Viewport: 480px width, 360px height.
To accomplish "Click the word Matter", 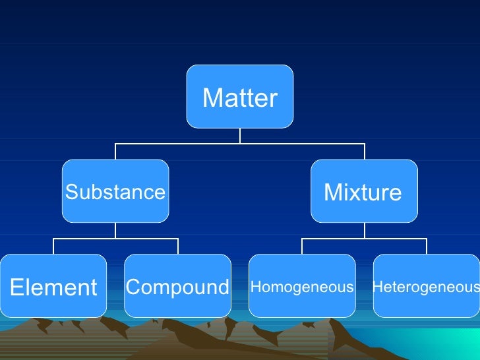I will [x=240, y=98].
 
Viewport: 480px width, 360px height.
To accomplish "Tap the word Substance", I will [x=115, y=193].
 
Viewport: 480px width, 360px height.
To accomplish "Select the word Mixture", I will [x=363, y=193].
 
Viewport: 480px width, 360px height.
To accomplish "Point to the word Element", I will [x=53, y=287].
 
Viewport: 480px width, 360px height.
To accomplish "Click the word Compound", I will [x=177, y=287].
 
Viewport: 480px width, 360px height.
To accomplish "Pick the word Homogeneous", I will [x=302, y=287].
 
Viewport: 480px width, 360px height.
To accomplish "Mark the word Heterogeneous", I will [x=426, y=287].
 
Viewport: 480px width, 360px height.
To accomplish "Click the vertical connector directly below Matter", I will [x=240, y=135].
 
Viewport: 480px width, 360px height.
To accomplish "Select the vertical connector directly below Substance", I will [x=115, y=230].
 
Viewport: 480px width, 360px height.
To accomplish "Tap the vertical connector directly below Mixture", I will [x=364, y=230].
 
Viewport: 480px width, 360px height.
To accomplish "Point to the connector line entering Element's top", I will [x=53, y=246].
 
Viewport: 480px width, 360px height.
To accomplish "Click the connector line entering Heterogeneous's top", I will [x=426, y=246].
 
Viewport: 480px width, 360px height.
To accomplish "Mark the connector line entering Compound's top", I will [x=177, y=246].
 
